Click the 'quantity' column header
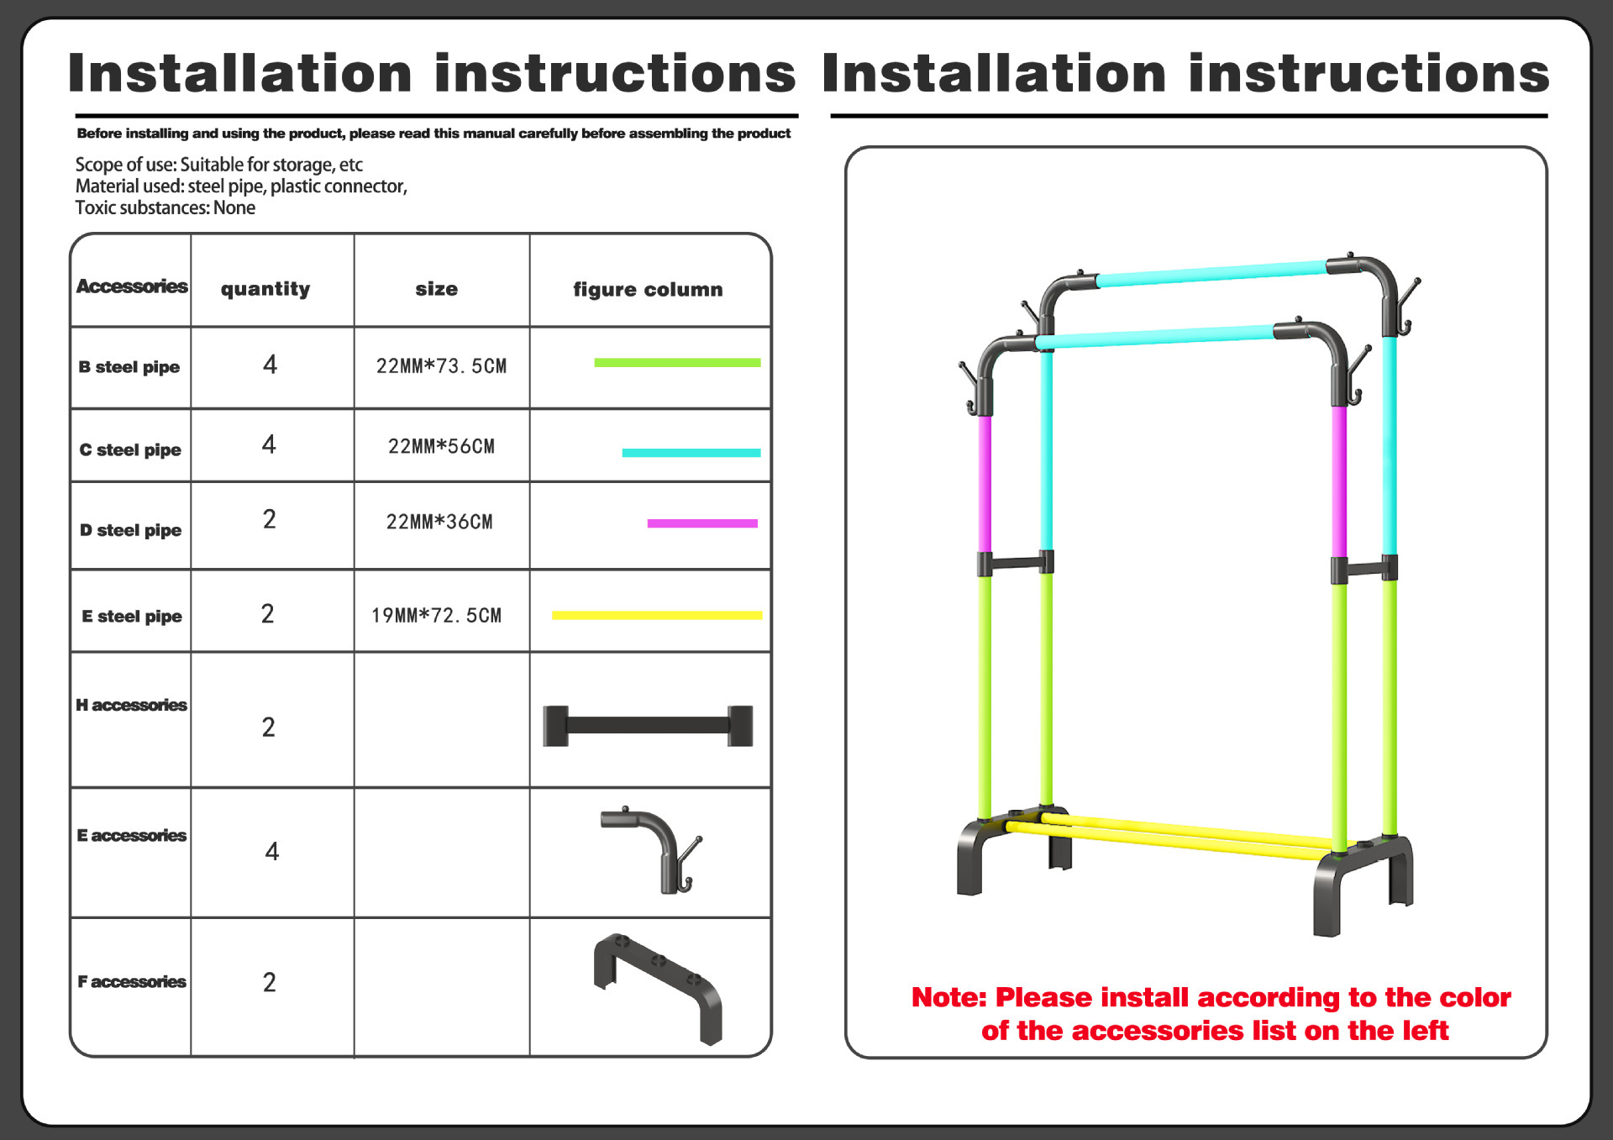pyautogui.click(x=265, y=289)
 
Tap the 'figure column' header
pyautogui.click(x=648, y=290)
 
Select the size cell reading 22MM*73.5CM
pyautogui.click(x=441, y=366)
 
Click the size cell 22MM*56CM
pyautogui.click(x=441, y=446)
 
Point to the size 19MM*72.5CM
pyautogui.click(x=436, y=616)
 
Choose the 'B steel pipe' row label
pyautogui.click(x=129, y=367)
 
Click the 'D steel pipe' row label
pyautogui.click(x=131, y=530)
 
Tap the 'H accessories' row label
pyautogui.click(x=131, y=705)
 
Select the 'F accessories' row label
pyautogui.click(x=132, y=981)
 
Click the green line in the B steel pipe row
pyautogui.click(x=677, y=363)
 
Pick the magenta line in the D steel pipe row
pyautogui.click(x=702, y=523)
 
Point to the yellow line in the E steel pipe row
pyautogui.click(x=656, y=615)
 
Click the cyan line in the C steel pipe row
pyautogui.click(x=691, y=453)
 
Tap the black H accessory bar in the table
pyautogui.click(x=648, y=726)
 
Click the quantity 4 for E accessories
pyautogui.click(x=271, y=852)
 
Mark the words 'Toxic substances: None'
pyautogui.click(x=166, y=208)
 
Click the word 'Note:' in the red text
pyautogui.click(x=948, y=997)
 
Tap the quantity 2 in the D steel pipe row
pyautogui.click(x=269, y=520)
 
